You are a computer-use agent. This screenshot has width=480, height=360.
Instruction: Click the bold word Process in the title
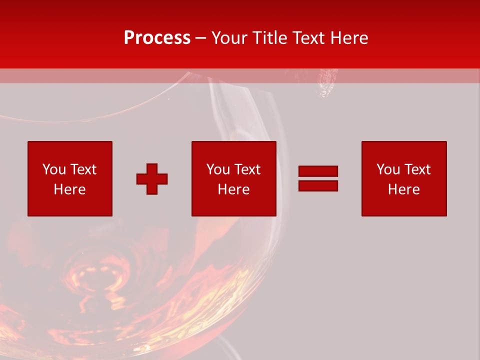(x=157, y=38)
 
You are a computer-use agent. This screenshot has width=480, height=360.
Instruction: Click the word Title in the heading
(x=270, y=38)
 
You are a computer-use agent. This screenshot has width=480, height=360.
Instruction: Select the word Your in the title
(x=229, y=38)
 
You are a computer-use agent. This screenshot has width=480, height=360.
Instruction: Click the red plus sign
(x=152, y=179)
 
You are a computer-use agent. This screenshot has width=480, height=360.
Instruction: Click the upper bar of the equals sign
(x=318, y=171)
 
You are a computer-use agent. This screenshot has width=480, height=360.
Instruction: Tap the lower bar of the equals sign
(x=318, y=185)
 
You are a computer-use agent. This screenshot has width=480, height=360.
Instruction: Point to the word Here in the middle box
(x=234, y=189)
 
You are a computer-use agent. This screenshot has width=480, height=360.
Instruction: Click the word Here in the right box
(x=404, y=189)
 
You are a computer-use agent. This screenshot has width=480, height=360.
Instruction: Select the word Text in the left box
(x=82, y=169)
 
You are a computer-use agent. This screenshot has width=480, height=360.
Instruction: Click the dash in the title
(x=201, y=38)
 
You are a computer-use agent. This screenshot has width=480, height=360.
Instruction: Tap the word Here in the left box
(x=70, y=189)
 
